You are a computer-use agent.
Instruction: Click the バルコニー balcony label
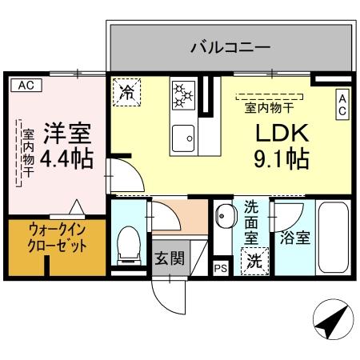coord(230,47)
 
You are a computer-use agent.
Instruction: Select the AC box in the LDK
coord(342,104)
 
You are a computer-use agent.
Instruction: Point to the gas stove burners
coord(184,94)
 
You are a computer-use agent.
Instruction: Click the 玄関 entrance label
coord(170,258)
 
